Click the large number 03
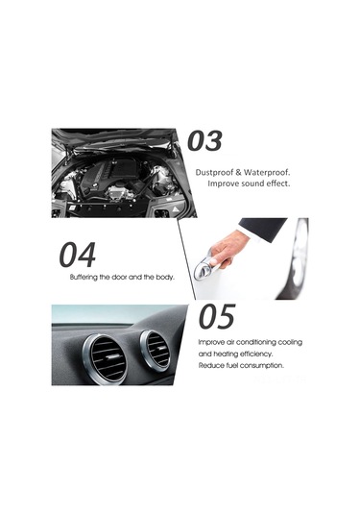(204, 141)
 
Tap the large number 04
(78, 255)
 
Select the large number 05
(217, 316)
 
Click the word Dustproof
(214, 172)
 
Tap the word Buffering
(84, 278)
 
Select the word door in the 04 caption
(119, 278)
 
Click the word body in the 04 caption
(165, 278)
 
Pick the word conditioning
(256, 343)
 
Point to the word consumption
(262, 365)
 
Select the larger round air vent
(106, 359)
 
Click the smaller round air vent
(156, 350)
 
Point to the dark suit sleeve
(263, 228)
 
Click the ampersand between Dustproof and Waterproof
(239, 172)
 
